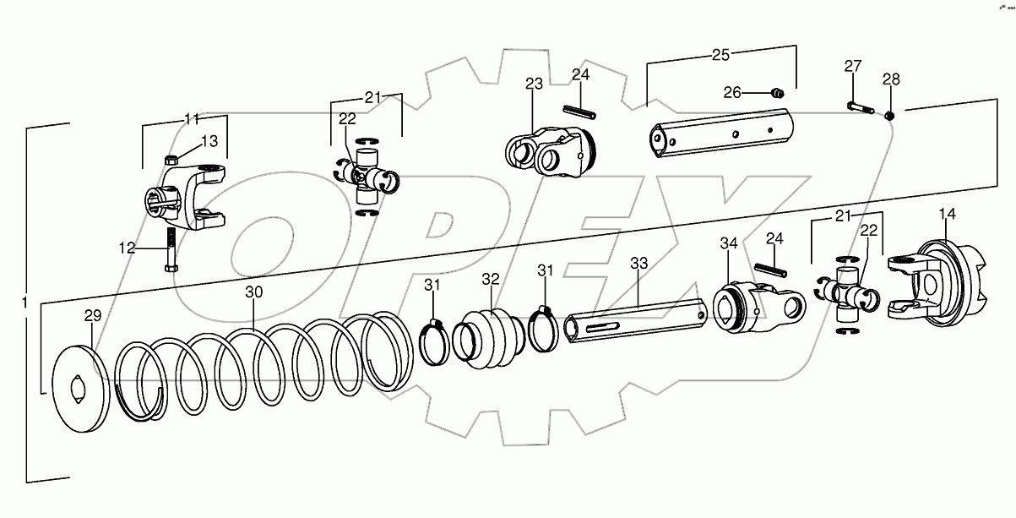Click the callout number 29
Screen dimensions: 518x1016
click(x=92, y=315)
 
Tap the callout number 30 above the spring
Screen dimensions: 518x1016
click(x=254, y=292)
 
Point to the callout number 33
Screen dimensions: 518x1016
click(x=638, y=263)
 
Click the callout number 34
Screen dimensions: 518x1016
click(x=728, y=244)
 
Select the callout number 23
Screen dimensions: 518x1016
click(x=533, y=83)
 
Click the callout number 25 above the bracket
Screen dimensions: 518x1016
click(x=720, y=56)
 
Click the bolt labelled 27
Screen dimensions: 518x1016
click(x=859, y=107)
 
